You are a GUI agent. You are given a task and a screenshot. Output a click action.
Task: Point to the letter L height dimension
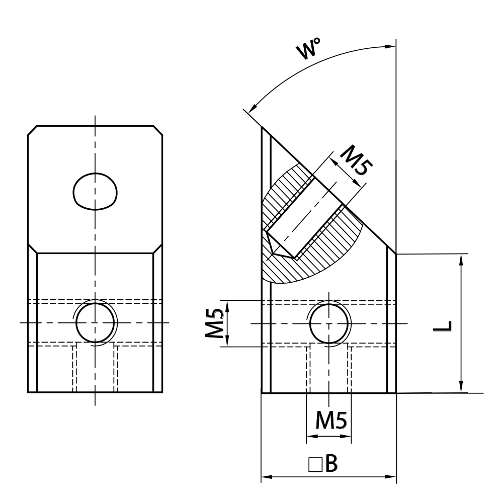[x=446, y=326]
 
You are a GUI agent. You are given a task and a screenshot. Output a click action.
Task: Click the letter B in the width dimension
[x=330, y=464]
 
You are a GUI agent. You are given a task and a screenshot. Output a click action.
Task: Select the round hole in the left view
[x=95, y=323]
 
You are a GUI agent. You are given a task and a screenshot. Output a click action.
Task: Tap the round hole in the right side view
[x=328, y=323]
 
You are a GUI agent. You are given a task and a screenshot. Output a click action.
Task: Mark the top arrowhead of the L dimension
[x=461, y=258]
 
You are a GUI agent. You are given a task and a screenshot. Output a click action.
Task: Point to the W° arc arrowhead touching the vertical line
[x=391, y=47]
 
